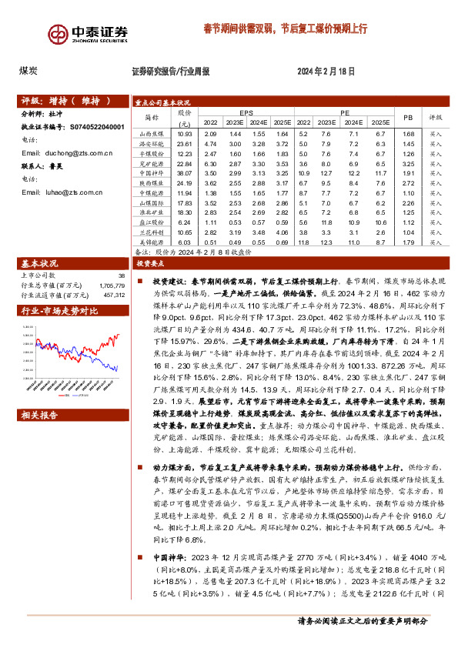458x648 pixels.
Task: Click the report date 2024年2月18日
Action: tap(326, 72)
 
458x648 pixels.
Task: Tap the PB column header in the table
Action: tap(407, 116)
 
